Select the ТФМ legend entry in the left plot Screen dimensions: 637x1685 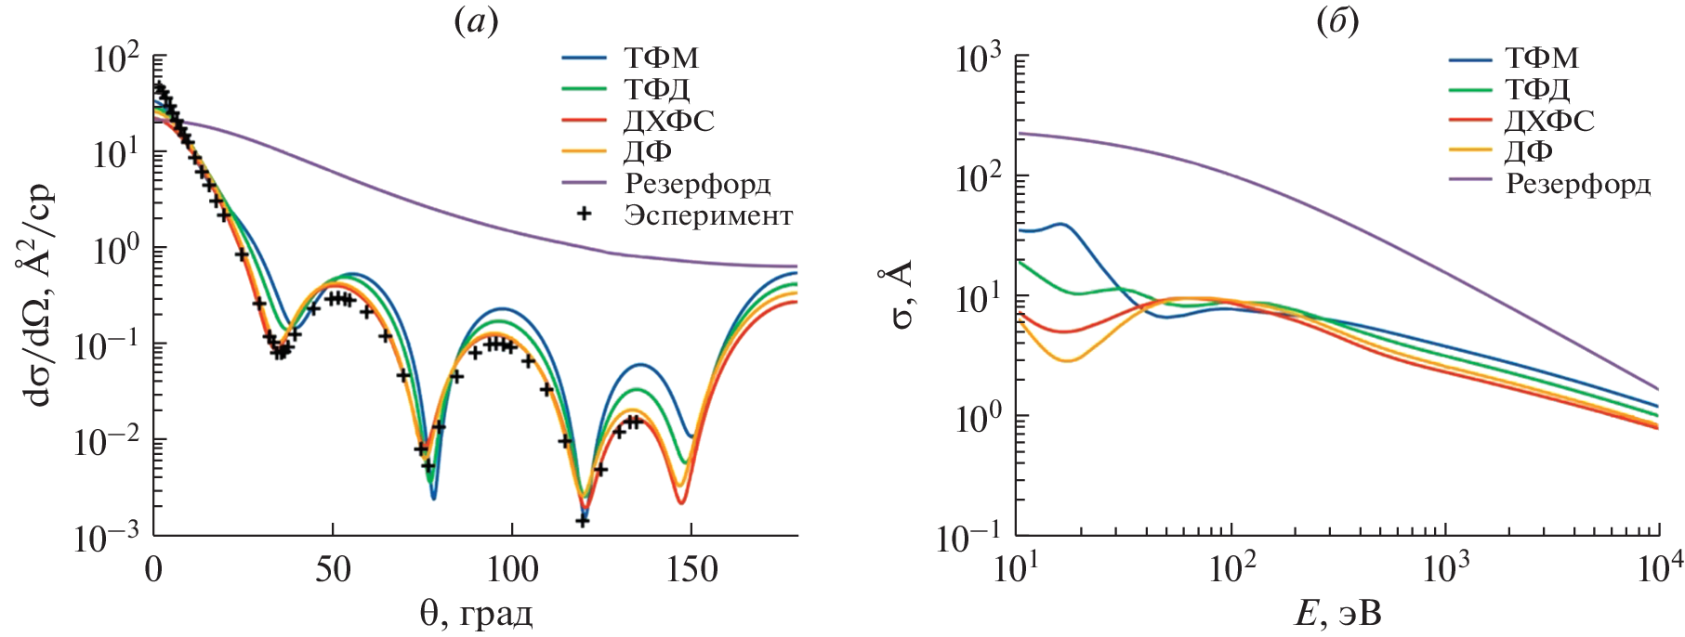[661, 58]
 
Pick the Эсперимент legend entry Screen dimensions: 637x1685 [707, 215]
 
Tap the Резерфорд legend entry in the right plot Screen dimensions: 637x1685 [1577, 183]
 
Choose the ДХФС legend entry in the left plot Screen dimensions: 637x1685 [668, 121]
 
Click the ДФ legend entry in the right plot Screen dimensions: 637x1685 [1528, 151]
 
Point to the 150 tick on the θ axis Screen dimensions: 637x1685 [691, 569]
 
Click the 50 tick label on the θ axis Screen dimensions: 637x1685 [333, 569]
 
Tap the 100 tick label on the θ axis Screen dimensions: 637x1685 [512, 569]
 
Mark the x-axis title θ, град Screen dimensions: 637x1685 [476, 614]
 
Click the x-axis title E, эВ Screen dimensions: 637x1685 [1338, 614]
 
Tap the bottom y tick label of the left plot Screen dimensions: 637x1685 [107, 537]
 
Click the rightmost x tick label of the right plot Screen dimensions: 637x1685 [1659, 569]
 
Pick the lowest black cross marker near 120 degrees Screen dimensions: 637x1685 [583, 521]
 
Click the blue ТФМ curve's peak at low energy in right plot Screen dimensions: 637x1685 [1060, 224]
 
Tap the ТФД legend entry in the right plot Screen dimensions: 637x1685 [1537, 89]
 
